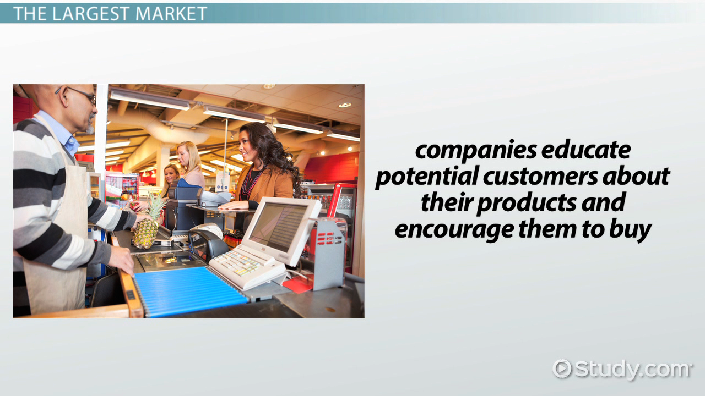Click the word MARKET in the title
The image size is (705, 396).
click(171, 14)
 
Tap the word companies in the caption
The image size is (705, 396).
click(476, 151)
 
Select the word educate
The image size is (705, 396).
click(585, 150)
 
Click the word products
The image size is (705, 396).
click(527, 204)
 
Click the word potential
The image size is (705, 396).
click(427, 177)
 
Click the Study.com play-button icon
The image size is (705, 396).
click(562, 369)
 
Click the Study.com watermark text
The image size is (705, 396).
click(632, 370)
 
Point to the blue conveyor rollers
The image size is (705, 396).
click(190, 291)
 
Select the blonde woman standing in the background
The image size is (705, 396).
click(191, 164)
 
